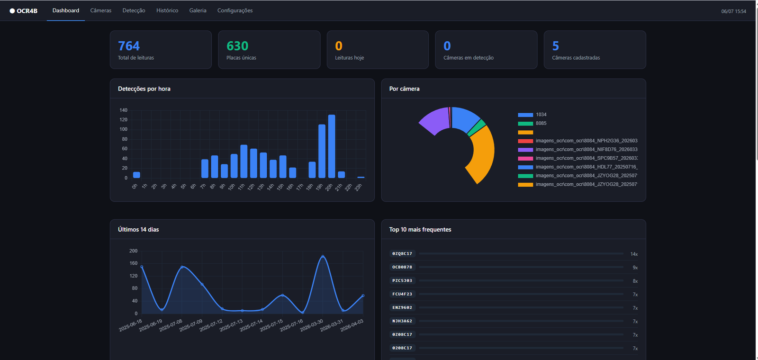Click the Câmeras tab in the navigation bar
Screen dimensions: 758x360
pyautogui.click(x=100, y=10)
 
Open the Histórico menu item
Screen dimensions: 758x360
pyautogui.click(x=167, y=10)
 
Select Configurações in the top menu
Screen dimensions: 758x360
pyautogui.click(x=235, y=10)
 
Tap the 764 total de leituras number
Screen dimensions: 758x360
pyautogui.click(x=128, y=45)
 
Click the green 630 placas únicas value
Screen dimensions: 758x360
pyautogui.click(x=237, y=45)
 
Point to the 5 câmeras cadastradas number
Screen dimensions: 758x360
pyautogui.click(x=555, y=45)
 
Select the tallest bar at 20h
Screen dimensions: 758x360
pyautogui.click(x=332, y=146)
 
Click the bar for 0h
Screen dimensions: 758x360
pyautogui.click(x=136, y=175)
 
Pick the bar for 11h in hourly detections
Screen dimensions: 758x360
pyautogui.click(x=244, y=162)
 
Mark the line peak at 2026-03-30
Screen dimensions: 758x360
pyautogui.click(x=323, y=256)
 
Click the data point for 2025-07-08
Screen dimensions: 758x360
pyautogui.click(x=182, y=267)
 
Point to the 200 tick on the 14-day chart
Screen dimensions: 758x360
pyautogui.click(x=133, y=251)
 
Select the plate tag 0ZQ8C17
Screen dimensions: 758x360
pyautogui.click(x=402, y=253)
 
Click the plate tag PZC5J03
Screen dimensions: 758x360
pyautogui.click(x=402, y=280)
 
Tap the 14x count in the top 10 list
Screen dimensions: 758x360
pyautogui.click(x=634, y=254)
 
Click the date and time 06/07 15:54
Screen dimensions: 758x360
pyautogui.click(x=733, y=11)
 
